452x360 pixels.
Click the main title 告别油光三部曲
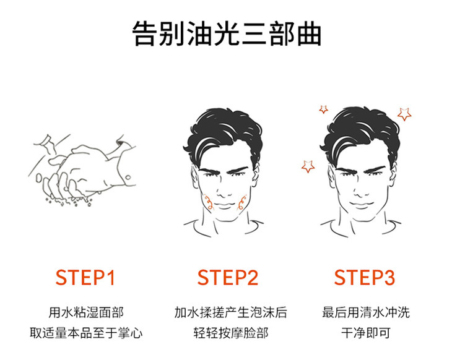[227, 33]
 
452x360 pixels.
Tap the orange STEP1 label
[85, 278]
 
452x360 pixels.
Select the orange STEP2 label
[227, 278]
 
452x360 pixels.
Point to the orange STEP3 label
[365, 278]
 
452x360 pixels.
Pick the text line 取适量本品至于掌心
[86, 333]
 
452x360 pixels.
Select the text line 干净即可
[366, 333]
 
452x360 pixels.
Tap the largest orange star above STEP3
[404, 114]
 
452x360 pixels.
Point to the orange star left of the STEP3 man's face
[308, 166]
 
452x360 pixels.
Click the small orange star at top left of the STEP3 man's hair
[323, 109]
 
